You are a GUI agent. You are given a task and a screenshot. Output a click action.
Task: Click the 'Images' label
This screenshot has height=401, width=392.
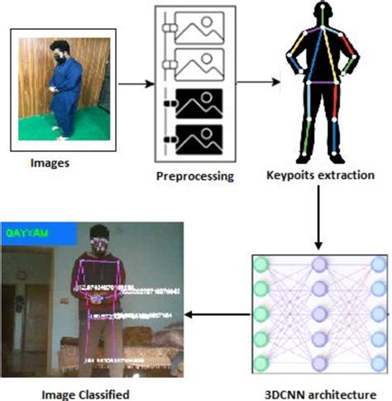click(x=50, y=162)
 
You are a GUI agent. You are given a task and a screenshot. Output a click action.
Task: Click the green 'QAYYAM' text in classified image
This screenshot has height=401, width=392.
click(x=27, y=234)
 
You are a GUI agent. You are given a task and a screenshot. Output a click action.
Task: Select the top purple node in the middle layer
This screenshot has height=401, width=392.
click(x=319, y=265)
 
